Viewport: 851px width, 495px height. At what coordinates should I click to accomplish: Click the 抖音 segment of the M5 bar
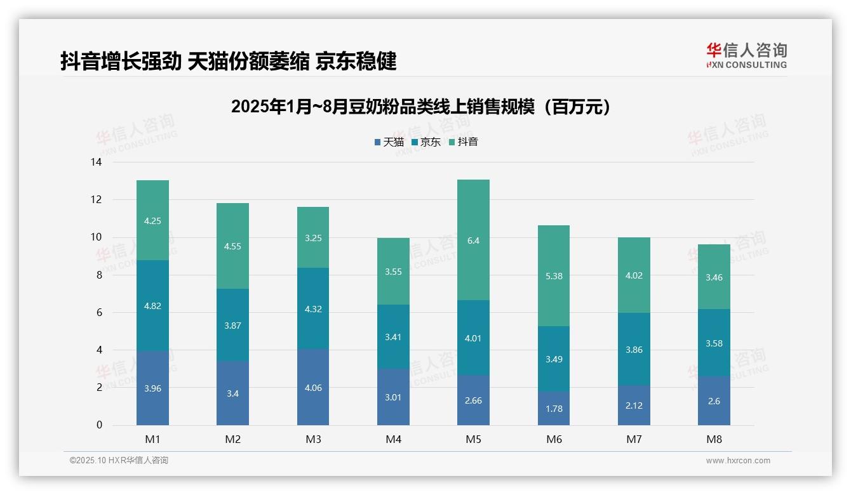point(473,240)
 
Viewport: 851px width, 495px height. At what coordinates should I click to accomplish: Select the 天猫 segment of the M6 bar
point(553,408)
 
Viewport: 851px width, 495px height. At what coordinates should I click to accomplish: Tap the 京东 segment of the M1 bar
point(152,305)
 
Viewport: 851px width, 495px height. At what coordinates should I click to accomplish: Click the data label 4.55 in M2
point(232,246)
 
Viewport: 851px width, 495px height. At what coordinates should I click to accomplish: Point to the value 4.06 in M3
point(313,388)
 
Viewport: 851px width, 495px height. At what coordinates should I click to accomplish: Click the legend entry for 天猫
point(389,142)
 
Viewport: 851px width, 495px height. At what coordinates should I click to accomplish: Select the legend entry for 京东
point(426,142)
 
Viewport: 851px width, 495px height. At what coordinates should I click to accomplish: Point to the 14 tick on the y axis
point(96,162)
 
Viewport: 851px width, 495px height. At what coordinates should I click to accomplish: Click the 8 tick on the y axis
point(98,275)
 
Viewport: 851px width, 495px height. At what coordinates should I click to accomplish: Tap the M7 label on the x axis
point(633,439)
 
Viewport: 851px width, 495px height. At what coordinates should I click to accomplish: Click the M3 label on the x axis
point(313,439)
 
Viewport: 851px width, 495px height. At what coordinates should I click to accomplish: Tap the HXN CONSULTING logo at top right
point(746,56)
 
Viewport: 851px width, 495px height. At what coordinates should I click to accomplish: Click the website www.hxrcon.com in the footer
point(738,461)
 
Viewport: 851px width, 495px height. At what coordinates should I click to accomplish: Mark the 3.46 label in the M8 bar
point(714,277)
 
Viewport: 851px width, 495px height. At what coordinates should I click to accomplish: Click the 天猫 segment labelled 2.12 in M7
point(634,406)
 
